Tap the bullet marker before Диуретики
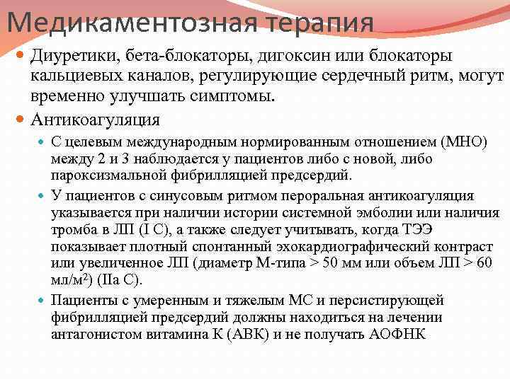point(22,55)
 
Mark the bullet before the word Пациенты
point(42,301)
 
